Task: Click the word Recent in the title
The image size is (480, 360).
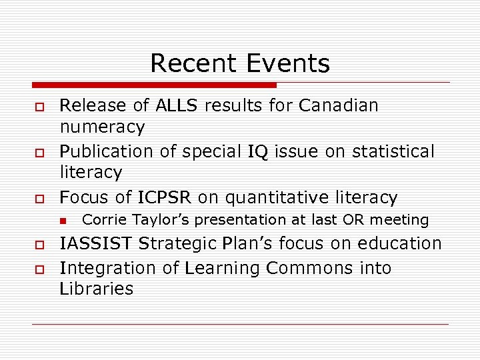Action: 192,63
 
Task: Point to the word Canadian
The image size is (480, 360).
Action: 339,105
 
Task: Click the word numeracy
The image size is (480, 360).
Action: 102,127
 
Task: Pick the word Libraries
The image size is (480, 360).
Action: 97,289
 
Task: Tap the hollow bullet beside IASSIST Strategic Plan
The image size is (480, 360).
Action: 40,245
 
